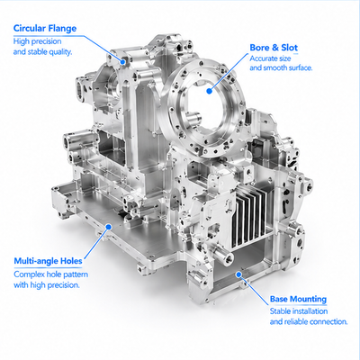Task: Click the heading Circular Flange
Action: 45,29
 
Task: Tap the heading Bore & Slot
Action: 274,48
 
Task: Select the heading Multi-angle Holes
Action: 48,261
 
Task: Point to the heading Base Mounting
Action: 298,299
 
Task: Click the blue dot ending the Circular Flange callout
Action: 122,62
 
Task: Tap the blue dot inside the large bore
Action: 210,91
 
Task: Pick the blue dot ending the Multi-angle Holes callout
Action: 109,227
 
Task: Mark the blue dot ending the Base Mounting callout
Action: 238,274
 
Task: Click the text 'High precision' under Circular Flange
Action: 37,41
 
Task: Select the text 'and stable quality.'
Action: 42,52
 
